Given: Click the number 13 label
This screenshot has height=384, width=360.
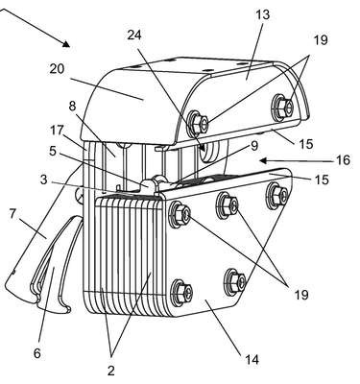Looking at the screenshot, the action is [x=262, y=15].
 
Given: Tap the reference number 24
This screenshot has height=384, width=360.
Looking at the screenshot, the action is [x=134, y=35].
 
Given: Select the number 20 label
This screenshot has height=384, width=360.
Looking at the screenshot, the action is [x=57, y=69].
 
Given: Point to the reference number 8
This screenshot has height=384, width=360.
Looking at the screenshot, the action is [x=73, y=107].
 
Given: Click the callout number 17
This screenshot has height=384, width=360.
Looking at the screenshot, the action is [x=58, y=131].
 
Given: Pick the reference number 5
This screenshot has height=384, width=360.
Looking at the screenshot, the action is [x=53, y=151].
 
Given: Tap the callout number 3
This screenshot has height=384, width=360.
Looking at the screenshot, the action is [x=44, y=180].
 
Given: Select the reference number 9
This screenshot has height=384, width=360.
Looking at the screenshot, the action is [x=254, y=146].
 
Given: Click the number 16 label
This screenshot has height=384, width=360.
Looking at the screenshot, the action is [x=343, y=160].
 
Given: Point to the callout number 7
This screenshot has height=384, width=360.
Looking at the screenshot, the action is [x=12, y=214].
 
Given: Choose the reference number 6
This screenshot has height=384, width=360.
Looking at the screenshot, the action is [x=37, y=353].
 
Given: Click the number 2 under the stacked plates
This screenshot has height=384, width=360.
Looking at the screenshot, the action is [x=110, y=371].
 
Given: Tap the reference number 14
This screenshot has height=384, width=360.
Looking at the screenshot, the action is [x=252, y=360].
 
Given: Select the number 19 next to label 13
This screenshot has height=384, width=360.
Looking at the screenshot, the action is [x=321, y=40].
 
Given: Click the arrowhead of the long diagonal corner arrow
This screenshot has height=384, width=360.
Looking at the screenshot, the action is [x=66, y=44].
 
